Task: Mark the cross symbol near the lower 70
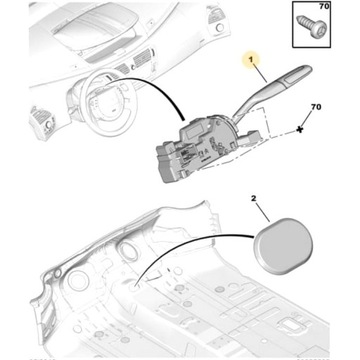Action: point(300,131)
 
